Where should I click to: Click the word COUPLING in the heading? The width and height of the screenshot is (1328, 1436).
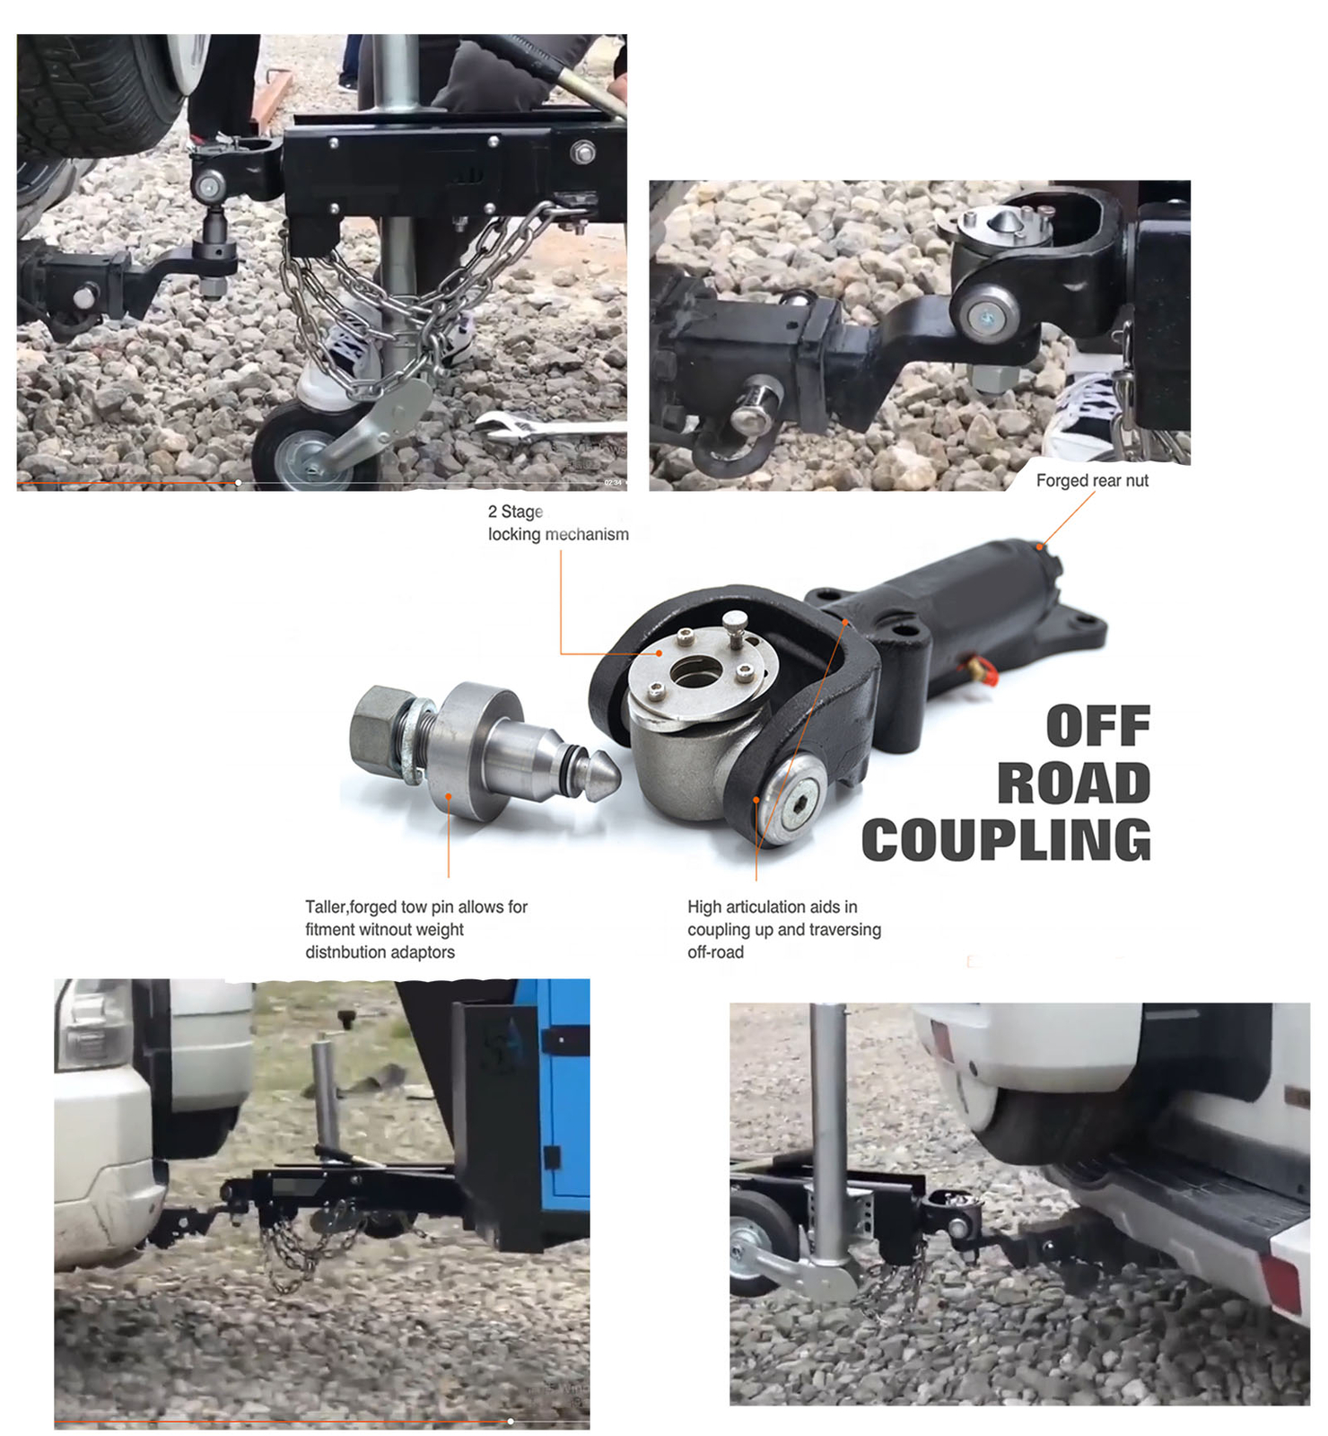point(1006,841)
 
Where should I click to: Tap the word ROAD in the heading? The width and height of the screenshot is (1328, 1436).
point(1073,784)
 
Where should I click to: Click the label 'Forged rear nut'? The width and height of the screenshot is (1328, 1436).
point(1091,481)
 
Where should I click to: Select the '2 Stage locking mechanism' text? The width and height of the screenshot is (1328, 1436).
point(557,522)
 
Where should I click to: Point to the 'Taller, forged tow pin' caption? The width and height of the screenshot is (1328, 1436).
point(416,929)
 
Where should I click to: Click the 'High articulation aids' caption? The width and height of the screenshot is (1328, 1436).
point(783,929)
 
